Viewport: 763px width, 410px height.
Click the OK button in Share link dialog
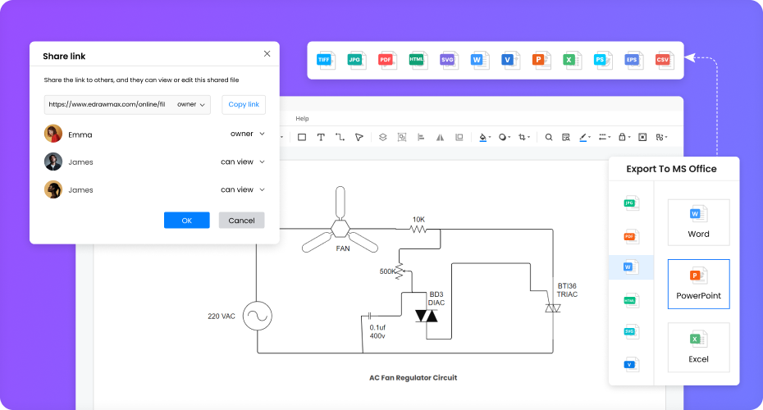pyautogui.click(x=186, y=220)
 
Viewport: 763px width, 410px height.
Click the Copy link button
pyautogui.click(x=244, y=104)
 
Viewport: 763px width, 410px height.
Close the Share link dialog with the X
pyautogui.click(x=267, y=53)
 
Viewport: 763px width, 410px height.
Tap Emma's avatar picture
pyautogui.click(x=53, y=134)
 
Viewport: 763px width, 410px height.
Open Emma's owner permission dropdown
pyautogui.click(x=247, y=134)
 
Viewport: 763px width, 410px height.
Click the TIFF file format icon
pyautogui.click(x=327, y=60)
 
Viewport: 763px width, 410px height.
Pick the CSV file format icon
pyautogui.click(x=663, y=60)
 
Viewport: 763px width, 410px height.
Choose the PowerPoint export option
pyautogui.click(x=698, y=284)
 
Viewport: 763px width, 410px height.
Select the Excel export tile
pyautogui.click(x=698, y=348)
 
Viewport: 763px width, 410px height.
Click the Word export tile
pyautogui.click(x=698, y=221)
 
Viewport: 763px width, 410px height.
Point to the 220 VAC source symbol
pyautogui.click(x=257, y=316)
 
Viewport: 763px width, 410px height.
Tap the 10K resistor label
pyautogui.click(x=418, y=219)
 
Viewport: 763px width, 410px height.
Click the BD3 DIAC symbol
pyautogui.click(x=426, y=316)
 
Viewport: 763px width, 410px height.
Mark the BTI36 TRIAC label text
pyautogui.click(x=568, y=289)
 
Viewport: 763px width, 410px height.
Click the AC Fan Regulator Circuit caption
pyautogui.click(x=413, y=378)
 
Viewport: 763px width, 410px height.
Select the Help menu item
pyautogui.click(x=302, y=119)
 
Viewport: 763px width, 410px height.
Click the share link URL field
pyautogui.click(x=107, y=104)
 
